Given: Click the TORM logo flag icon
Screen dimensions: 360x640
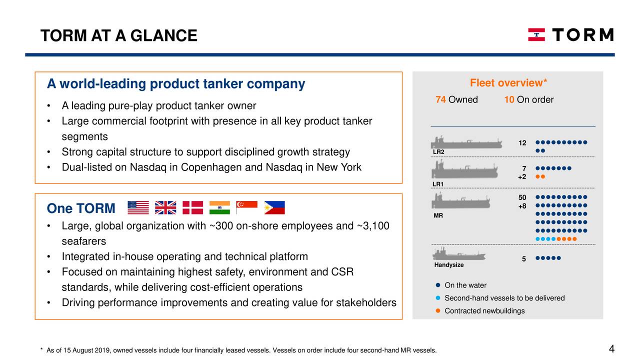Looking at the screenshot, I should tap(536, 34).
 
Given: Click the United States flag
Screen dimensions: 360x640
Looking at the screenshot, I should tap(138, 207).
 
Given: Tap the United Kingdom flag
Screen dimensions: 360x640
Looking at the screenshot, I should tap(165, 207).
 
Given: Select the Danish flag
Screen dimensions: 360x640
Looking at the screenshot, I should tap(192, 207).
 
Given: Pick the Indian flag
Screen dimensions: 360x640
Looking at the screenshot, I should tap(219, 207).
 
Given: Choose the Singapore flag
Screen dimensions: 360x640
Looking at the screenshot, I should tap(246, 207).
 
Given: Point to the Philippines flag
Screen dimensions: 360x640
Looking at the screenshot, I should tap(274, 207).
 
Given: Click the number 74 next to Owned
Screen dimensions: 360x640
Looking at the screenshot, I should tap(440, 99).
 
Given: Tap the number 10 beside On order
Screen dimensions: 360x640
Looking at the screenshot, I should tap(509, 99).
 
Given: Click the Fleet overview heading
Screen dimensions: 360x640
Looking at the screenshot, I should tap(508, 83).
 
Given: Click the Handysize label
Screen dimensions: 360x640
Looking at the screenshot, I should tap(449, 265).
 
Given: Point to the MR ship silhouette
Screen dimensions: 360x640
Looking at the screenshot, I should tap(461, 202).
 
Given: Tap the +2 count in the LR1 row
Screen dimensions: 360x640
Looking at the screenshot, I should tap(521, 177).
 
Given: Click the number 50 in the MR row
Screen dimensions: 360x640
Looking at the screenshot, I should tap(522, 198).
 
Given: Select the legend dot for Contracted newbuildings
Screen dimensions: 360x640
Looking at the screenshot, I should tap(437, 311).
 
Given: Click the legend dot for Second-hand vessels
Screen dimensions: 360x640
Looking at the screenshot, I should tap(437, 298).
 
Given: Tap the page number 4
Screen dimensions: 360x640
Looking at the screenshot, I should tap(611, 349).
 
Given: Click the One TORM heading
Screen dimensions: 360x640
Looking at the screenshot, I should tap(81, 208).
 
